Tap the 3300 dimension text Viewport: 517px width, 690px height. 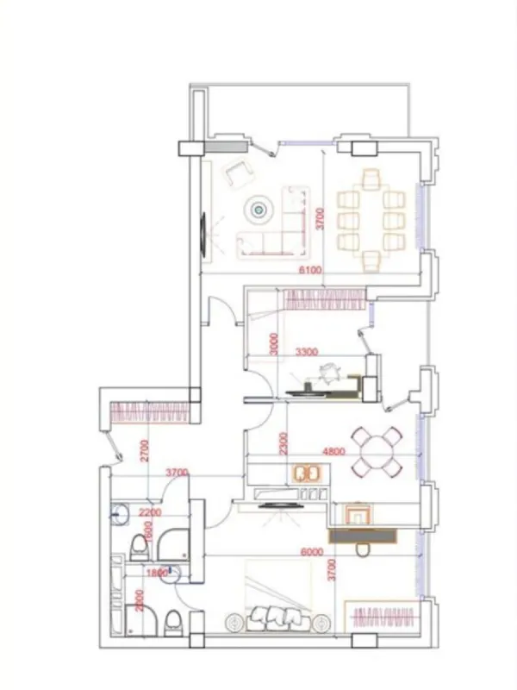click(308, 352)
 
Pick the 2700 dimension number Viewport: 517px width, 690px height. click(146, 452)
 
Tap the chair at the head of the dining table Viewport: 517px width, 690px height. click(371, 179)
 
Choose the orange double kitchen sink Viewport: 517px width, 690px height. click(307, 474)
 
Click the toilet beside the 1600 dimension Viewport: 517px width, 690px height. click(138, 545)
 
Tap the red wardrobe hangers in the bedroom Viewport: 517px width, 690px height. click(383, 618)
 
